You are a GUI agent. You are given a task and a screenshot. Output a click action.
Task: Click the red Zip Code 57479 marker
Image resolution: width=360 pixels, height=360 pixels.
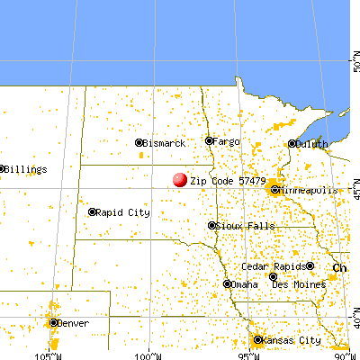[180, 180]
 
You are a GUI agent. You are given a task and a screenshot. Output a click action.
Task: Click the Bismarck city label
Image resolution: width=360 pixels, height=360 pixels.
[166, 143]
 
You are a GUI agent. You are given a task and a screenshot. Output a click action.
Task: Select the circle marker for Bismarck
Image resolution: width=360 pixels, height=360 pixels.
[139, 142]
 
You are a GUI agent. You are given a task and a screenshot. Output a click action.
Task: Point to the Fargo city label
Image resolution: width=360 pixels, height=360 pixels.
[226, 141]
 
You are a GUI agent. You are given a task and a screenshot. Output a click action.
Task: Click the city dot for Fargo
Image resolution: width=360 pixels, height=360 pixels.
[209, 140]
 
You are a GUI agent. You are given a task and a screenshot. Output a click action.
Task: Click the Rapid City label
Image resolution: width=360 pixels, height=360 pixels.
[125, 213]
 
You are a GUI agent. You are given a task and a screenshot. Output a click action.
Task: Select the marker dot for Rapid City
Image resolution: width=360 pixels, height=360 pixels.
[93, 212]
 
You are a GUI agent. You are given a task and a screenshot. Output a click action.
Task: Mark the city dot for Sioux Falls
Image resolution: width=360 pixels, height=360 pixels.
[212, 225]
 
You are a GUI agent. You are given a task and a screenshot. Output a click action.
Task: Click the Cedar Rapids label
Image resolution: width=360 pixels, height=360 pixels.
[272, 267]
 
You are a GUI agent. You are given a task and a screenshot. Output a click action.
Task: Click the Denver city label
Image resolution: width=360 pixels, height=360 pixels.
[74, 323]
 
